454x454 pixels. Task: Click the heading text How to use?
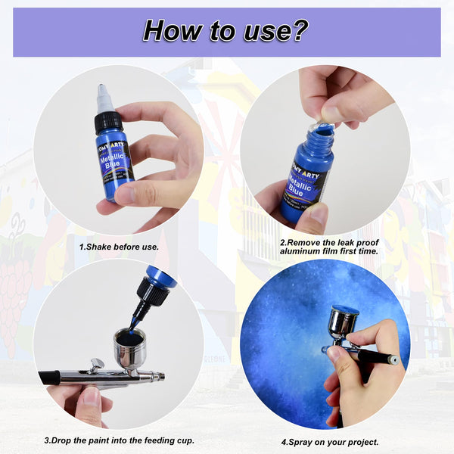tap(225, 31)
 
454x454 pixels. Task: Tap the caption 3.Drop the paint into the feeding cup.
tap(119, 440)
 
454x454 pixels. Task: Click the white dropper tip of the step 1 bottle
tap(104, 98)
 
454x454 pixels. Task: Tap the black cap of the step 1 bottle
tap(107, 121)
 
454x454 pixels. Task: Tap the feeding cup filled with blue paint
tap(130, 347)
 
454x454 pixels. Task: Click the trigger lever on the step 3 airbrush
tap(95, 364)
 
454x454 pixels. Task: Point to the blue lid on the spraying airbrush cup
tap(344, 309)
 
